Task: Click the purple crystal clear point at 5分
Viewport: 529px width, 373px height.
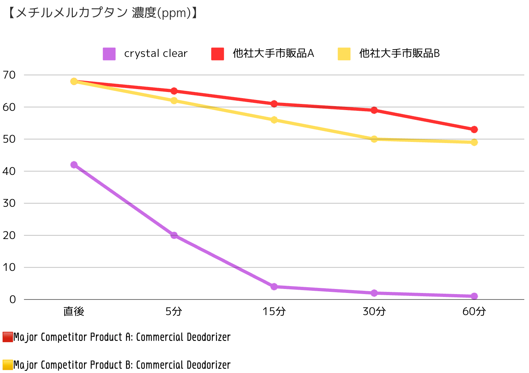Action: pyautogui.click(x=174, y=235)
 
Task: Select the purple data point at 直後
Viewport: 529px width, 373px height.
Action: pyautogui.click(x=74, y=165)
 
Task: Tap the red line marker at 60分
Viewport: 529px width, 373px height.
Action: pyautogui.click(x=474, y=130)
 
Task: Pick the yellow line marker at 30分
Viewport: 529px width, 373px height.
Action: pyautogui.click(x=374, y=139)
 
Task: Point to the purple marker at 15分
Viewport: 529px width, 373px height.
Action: pyautogui.click(x=274, y=286)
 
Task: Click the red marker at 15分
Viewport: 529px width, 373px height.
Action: pyautogui.click(x=274, y=104)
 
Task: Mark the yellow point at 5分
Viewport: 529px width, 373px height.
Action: pyautogui.click(x=174, y=101)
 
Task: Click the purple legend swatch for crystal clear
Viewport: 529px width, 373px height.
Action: pyautogui.click(x=109, y=54)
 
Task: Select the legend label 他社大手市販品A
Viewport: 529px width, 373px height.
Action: pyautogui.click(x=273, y=54)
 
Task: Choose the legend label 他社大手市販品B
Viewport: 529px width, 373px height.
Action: pyautogui.click(x=399, y=54)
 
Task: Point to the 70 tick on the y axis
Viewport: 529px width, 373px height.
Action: pyautogui.click(x=9, y=75)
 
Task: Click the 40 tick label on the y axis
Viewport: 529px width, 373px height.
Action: pyautogui.click(x=9, y=171)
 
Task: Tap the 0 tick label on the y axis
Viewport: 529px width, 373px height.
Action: pyautogui.click(x=13, y=299)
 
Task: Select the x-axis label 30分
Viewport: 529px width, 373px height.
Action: pyautogui.click(x=374, y=311)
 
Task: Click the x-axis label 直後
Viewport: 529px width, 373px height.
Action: pyautogui.click(x=74, y=311)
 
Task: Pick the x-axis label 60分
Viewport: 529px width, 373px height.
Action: pyautogui.click(x=474, y=311)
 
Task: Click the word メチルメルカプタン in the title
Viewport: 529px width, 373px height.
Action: pyautogui.click(x=72, y=13)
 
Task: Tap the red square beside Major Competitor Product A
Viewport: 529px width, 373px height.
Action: pyautogui.click(x=8, y=337)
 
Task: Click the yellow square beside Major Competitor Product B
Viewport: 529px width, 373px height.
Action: pyautogui.click(x=8, y=365)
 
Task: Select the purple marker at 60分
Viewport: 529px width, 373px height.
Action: pyautogui.click(x=474, y=296)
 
